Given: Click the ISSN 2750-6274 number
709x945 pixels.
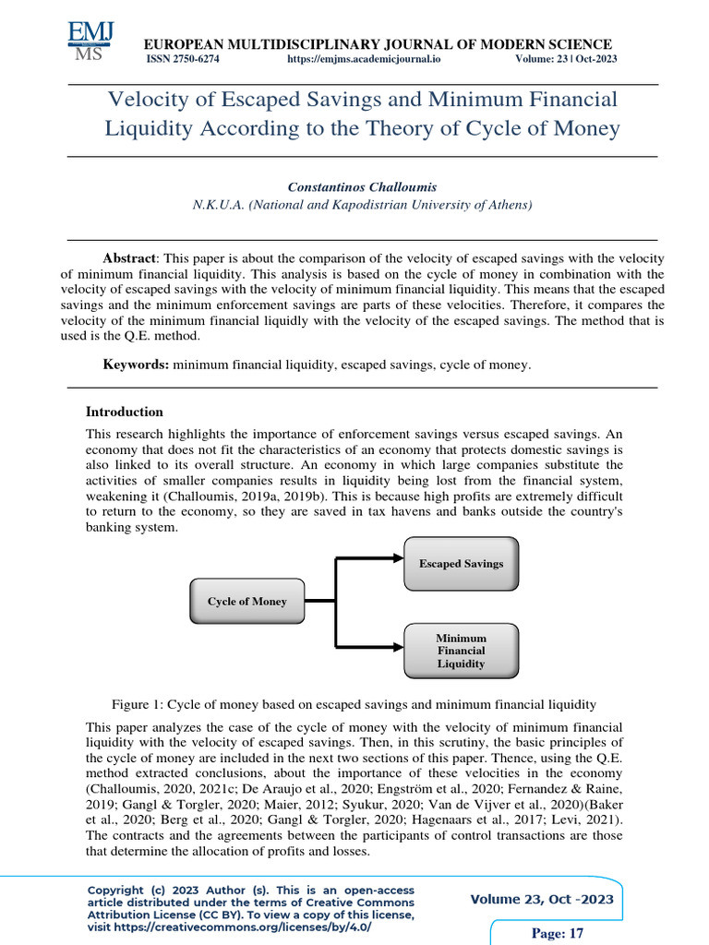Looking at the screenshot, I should (183, 59).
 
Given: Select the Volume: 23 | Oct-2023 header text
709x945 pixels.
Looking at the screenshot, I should (566, 59).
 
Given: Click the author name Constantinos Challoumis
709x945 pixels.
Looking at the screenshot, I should (362, 186).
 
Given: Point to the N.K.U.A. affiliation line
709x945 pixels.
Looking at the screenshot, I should (362, 205).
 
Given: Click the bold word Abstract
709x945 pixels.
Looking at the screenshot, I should (129, 259).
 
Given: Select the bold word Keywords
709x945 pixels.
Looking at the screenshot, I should (135, 365).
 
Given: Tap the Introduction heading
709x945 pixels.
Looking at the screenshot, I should (124, 413).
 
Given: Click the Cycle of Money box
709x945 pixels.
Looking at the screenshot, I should (246, 602).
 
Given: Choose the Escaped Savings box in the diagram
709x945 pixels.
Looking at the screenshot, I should (461, 563).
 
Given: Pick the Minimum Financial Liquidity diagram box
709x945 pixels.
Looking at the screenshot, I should (461, 650).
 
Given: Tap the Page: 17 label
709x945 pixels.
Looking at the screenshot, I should (559, 933).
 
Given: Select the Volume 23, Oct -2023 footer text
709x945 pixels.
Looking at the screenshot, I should (542, 900).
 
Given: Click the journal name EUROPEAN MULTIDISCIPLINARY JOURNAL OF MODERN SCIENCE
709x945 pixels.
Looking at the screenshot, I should (375, 44).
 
